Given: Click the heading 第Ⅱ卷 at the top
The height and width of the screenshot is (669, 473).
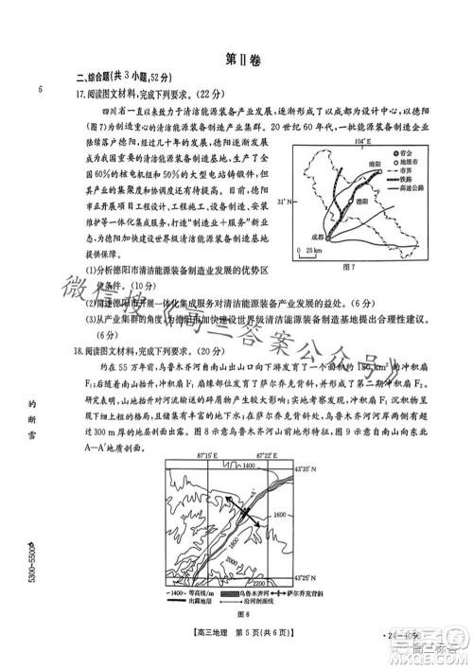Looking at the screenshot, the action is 237,59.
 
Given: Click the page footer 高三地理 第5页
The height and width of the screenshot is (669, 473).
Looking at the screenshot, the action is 236,645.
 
